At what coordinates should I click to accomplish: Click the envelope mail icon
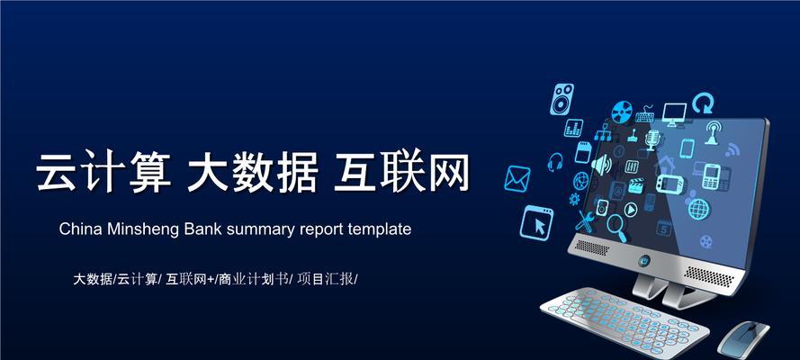coord(517,179)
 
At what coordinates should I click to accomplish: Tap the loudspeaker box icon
coord(562,99)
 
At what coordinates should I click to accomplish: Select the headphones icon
coord(554,162)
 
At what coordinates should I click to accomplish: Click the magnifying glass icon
coord(616,228)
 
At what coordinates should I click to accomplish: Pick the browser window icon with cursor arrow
coord(536,222)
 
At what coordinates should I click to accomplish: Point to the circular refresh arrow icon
coord(703,103)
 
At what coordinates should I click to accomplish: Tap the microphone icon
coord(652,139)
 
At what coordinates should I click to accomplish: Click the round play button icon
coord(631,209)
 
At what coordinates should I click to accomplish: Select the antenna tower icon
coord(712,132)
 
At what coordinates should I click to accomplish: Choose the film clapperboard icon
coord(635,185)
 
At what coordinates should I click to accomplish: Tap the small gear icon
coord(574,199)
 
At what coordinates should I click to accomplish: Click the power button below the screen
coord(644,261)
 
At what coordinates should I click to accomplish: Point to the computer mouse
coord(743,338)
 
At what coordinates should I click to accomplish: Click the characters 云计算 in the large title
coord(103,171)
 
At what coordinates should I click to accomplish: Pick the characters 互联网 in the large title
coord(401,171)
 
